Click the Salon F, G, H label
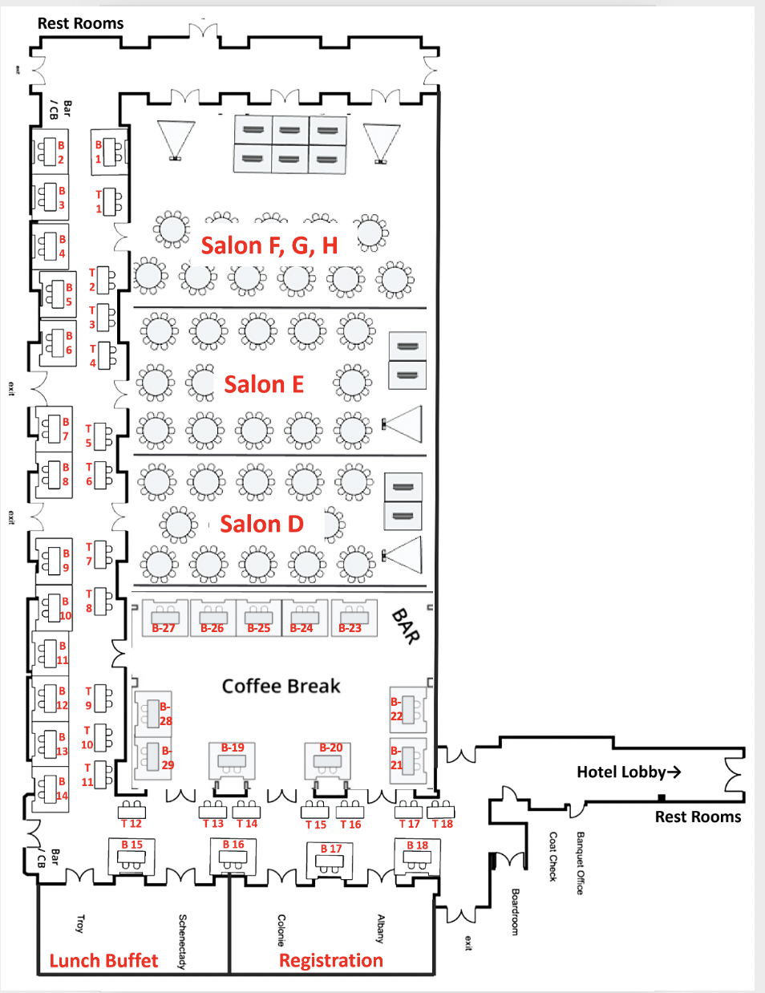tap(269, 245)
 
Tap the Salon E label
tap(264, 385)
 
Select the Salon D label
tap(261, 525)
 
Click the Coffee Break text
tap(281, 686)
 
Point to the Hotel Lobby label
tap(629, 772)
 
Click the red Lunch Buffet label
tap(103, 961)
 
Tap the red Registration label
tap(330, 961)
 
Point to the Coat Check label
tap(552, 857)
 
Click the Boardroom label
tap(515, 911)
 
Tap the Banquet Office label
tap(581, 863)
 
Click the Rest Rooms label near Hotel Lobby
tap(698, 817)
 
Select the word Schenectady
tap(183, 941)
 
